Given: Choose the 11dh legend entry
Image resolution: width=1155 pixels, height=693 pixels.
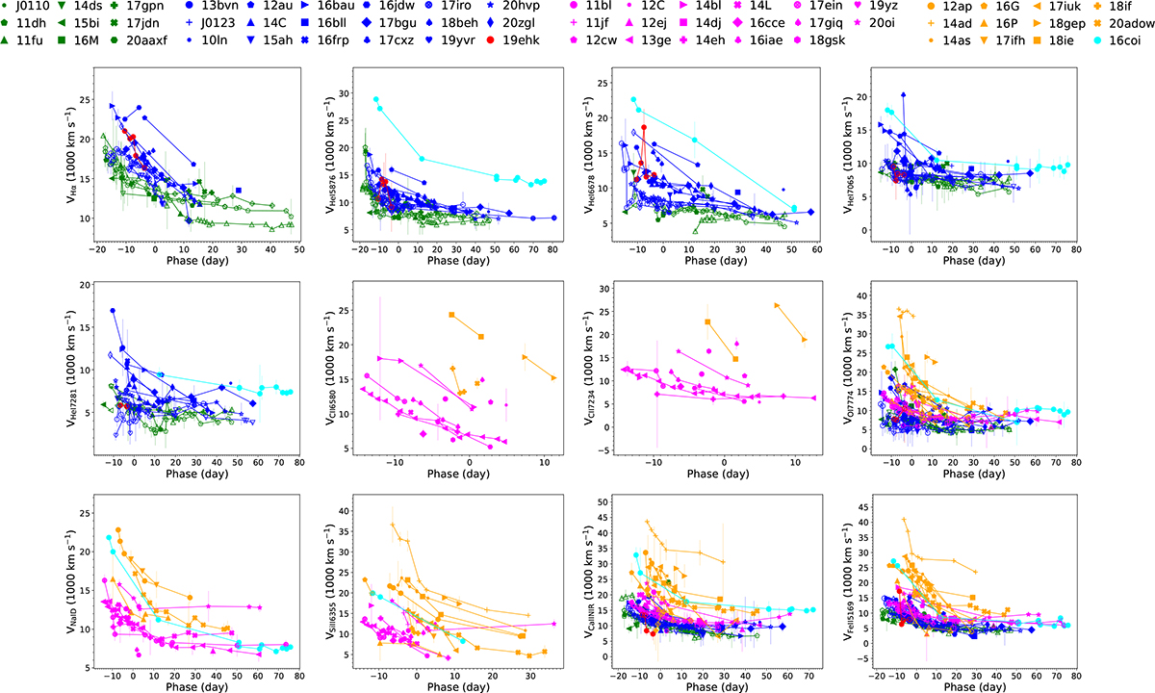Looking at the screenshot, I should (32, 24).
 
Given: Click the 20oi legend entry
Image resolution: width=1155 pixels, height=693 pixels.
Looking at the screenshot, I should (890, 24).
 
